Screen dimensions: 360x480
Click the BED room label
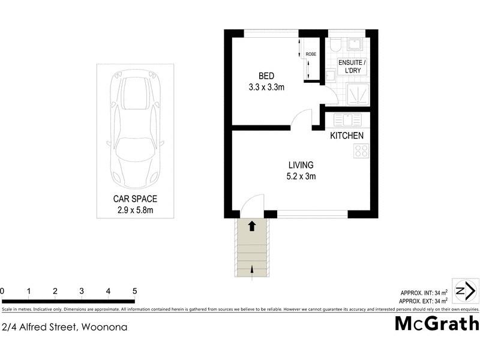point(266,76)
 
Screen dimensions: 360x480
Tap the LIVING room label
point(301,165)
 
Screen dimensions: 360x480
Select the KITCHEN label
point(347,136)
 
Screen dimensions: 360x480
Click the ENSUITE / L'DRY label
point(352,67)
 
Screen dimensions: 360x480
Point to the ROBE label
point(311,55)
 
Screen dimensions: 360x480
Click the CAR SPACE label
point(135,199)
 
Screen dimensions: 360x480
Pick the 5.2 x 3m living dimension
point(301,176)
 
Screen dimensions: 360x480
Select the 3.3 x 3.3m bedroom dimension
point(266,88)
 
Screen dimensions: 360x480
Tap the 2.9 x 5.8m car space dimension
point(135,210)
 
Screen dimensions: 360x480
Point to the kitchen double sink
point(347,118)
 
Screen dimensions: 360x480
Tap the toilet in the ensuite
point(335,44)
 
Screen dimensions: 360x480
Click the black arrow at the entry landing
point(252,226)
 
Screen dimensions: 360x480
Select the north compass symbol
point(466,292)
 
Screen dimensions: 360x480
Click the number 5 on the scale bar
point(134,292)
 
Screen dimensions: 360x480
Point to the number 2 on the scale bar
point(55,292)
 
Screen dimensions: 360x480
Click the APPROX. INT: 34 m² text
point(424,292)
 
